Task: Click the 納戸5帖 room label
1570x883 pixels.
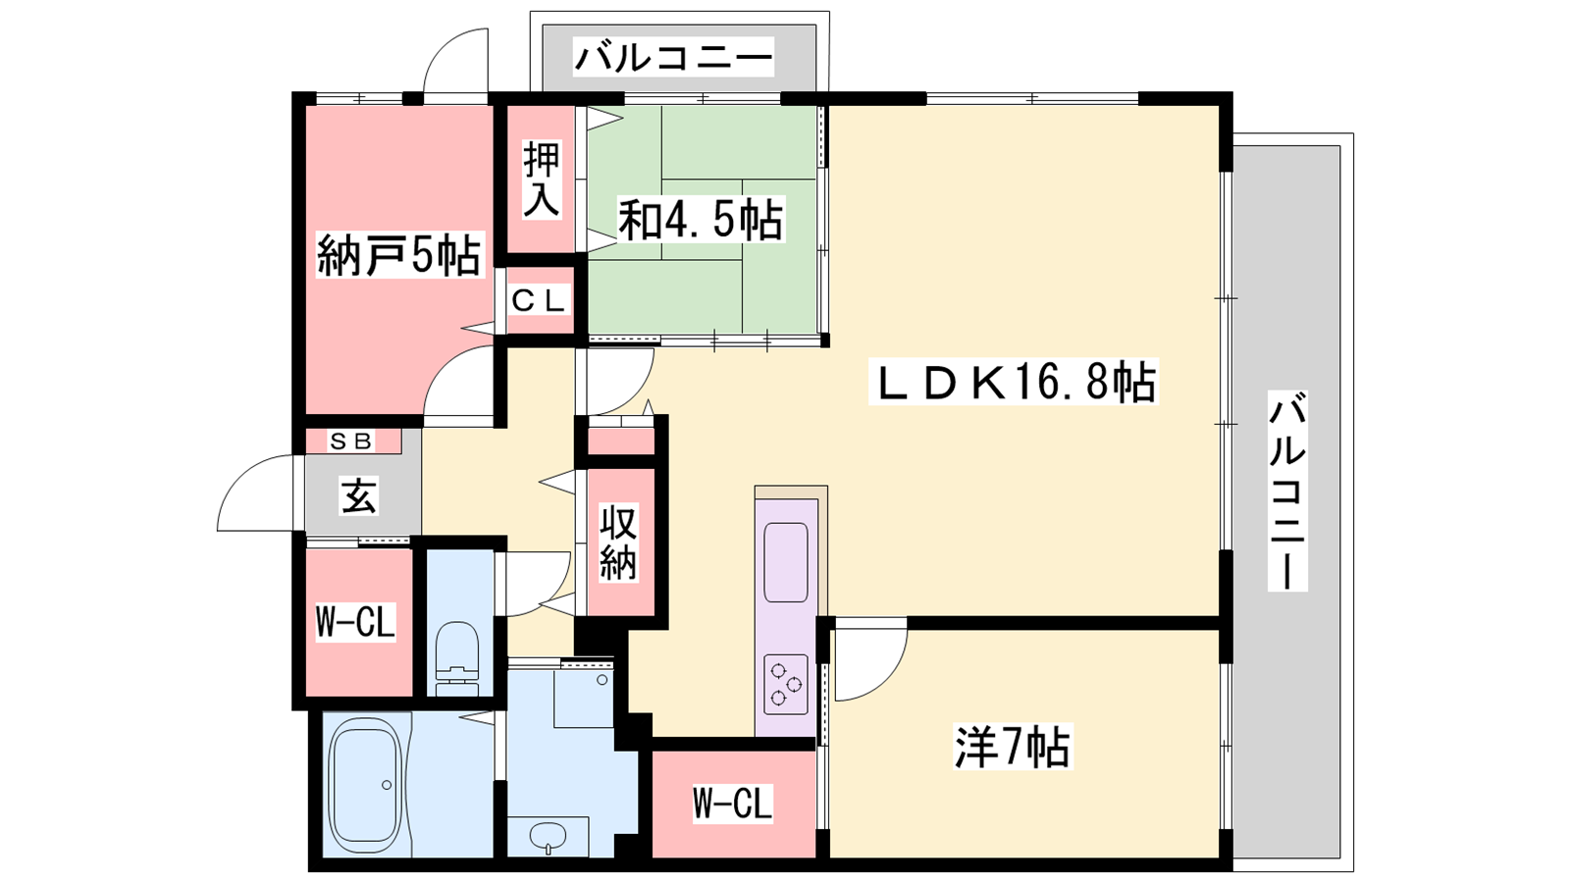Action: [398, 254]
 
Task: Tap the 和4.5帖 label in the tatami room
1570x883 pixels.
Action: [700, 220]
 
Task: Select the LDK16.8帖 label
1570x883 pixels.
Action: [1013, 382]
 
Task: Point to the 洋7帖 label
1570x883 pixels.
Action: [1012, 747]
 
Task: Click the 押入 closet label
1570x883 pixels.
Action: [542, 180]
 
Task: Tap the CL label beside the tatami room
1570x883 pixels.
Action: [538, 301]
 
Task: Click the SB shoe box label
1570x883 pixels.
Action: [351, 441]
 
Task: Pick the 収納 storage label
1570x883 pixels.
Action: [617, 543]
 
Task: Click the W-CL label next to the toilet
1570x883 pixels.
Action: [355, 621]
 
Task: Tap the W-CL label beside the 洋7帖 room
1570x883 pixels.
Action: [732, 803]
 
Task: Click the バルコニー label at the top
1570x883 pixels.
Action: [673, 57]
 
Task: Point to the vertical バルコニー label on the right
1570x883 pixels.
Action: [1287, 491]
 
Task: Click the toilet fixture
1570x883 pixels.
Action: [457, 658]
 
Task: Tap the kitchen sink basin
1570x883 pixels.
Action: [786, 562]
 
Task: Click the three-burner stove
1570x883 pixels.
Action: [786, 684]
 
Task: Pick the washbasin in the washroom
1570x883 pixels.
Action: [548, 836]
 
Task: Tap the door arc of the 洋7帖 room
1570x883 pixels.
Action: [884, 680]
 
